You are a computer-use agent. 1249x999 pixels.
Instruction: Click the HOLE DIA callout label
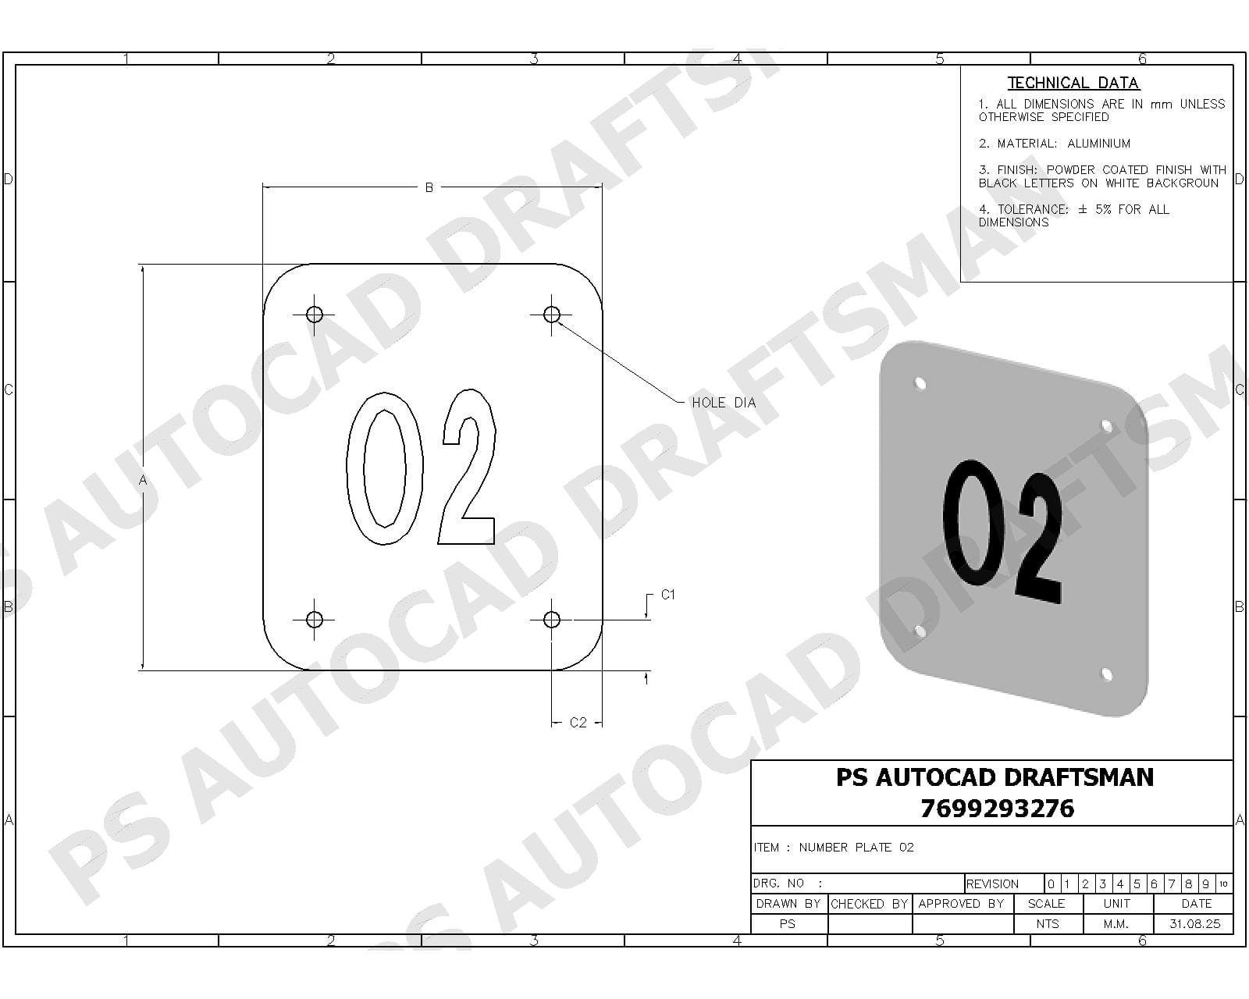[723, 403]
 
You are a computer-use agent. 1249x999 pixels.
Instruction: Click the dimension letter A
[143, 481]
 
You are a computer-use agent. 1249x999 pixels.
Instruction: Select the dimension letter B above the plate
[429, 188]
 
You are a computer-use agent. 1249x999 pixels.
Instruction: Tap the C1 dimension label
[667, 595]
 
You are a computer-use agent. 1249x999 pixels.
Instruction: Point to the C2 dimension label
[578, 723]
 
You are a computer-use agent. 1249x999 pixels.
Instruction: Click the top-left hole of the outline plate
[314, 315]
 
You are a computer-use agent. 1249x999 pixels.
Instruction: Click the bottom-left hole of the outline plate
[314, 620]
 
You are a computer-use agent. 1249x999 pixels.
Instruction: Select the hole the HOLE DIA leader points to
[551, 315]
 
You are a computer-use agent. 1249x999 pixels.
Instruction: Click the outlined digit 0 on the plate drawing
[376, 468]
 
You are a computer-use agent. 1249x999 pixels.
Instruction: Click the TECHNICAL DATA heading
[1073, 83]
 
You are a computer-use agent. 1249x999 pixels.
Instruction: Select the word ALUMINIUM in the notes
[1098, 144]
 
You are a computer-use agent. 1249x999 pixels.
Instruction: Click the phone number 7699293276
[997, 809]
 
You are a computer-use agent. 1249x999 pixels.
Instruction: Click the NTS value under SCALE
[1047, 924]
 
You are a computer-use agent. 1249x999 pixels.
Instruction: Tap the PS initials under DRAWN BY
[787, 924]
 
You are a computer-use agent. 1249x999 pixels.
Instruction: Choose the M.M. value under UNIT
[1116, 924]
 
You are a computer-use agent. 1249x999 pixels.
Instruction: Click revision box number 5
[1137, 884]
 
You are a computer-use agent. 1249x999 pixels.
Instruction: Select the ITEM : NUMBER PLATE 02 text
[834, 848]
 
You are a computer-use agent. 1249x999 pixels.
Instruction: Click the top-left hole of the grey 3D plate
[920, 383]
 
